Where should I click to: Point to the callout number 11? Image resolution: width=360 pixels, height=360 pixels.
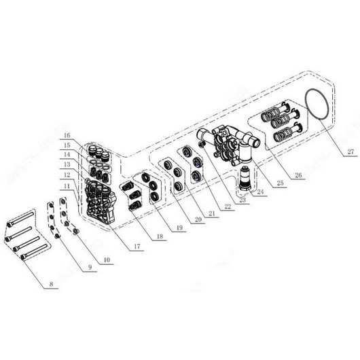tap(68, 185)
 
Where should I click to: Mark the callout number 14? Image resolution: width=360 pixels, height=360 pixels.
tap(68, 156)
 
